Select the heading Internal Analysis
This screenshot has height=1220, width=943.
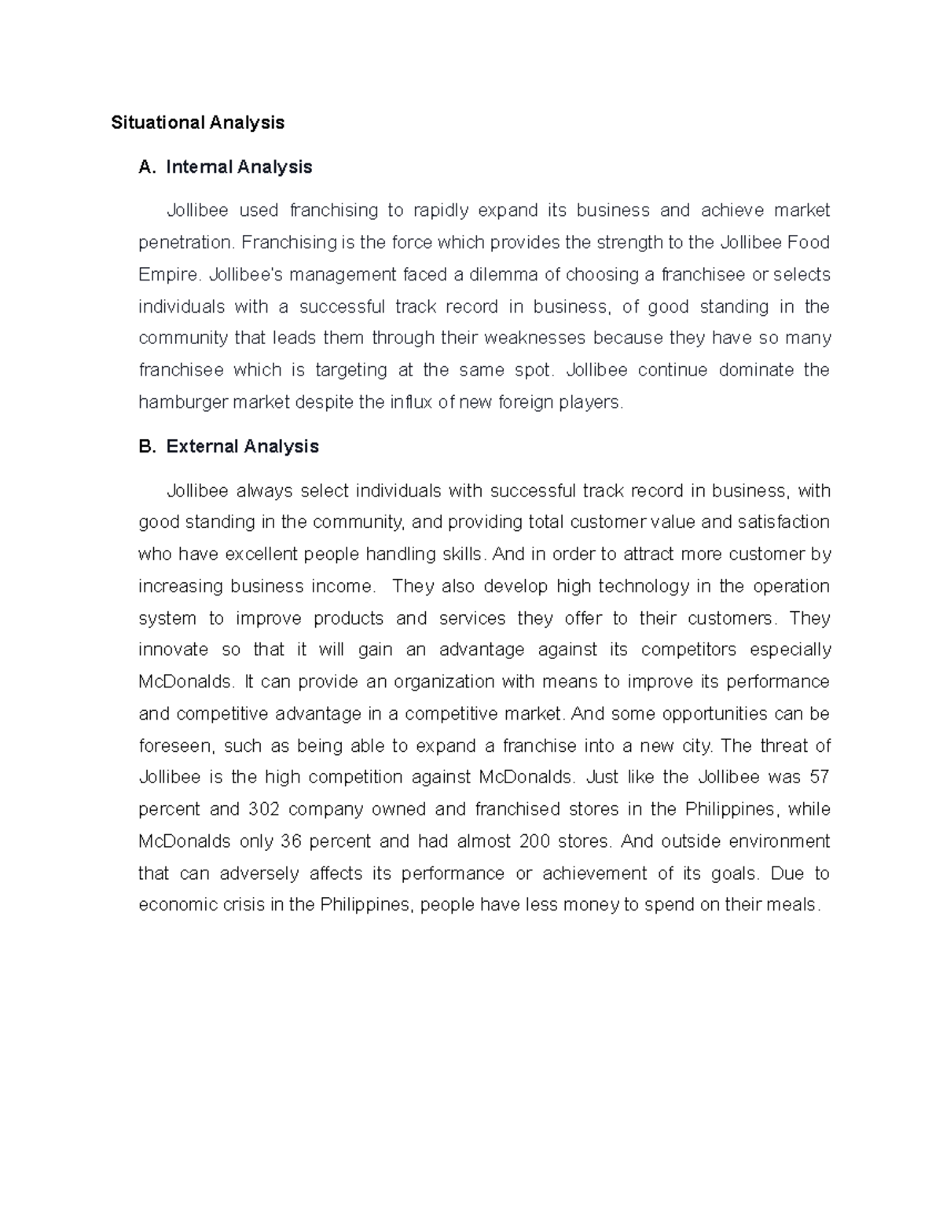[x=239, y=167]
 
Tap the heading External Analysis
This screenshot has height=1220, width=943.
[x=242, y=446]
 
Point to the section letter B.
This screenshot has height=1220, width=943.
[x=145, y=446]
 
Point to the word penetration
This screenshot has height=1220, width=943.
[x=185, y=243]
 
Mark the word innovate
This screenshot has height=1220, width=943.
[x=173, y=650]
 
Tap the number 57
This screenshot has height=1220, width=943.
[x=819, y=777]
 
